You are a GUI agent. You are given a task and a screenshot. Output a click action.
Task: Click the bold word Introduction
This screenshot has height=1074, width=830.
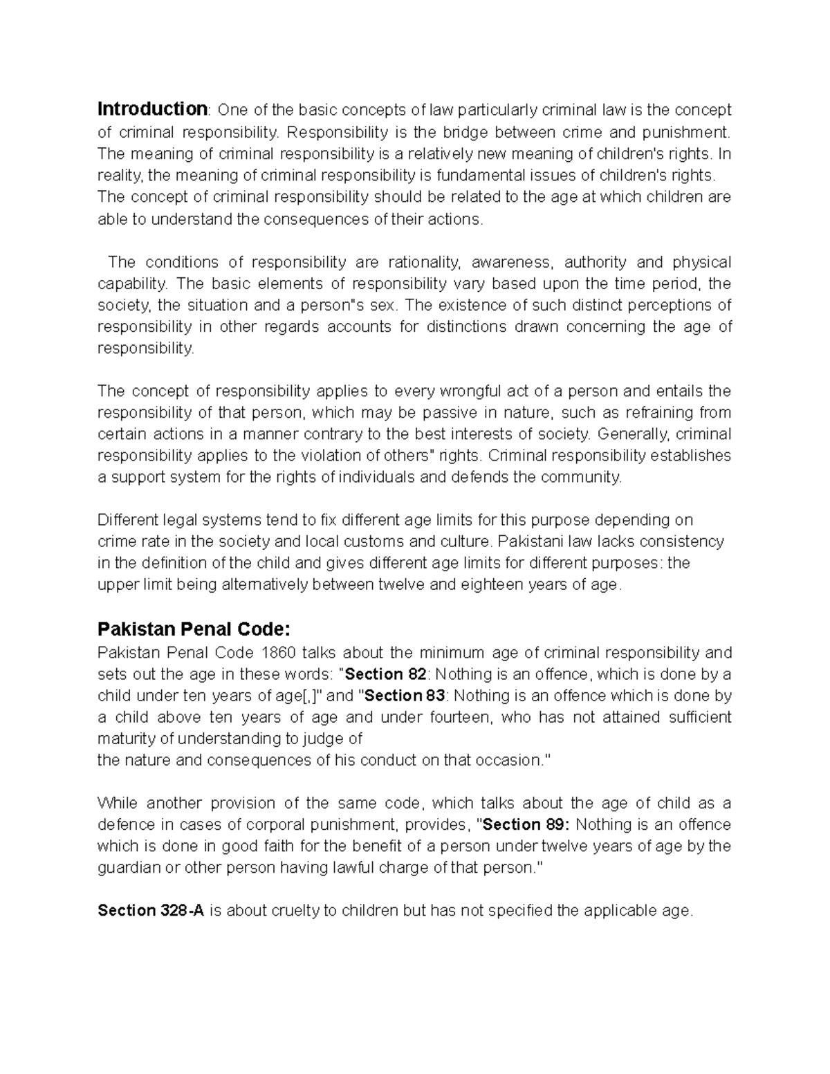pos(152,109)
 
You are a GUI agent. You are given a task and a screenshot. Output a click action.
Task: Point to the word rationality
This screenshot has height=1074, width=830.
pos(424,262)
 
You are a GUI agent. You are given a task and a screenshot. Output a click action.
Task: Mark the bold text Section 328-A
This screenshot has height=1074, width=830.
pos(151,910)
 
